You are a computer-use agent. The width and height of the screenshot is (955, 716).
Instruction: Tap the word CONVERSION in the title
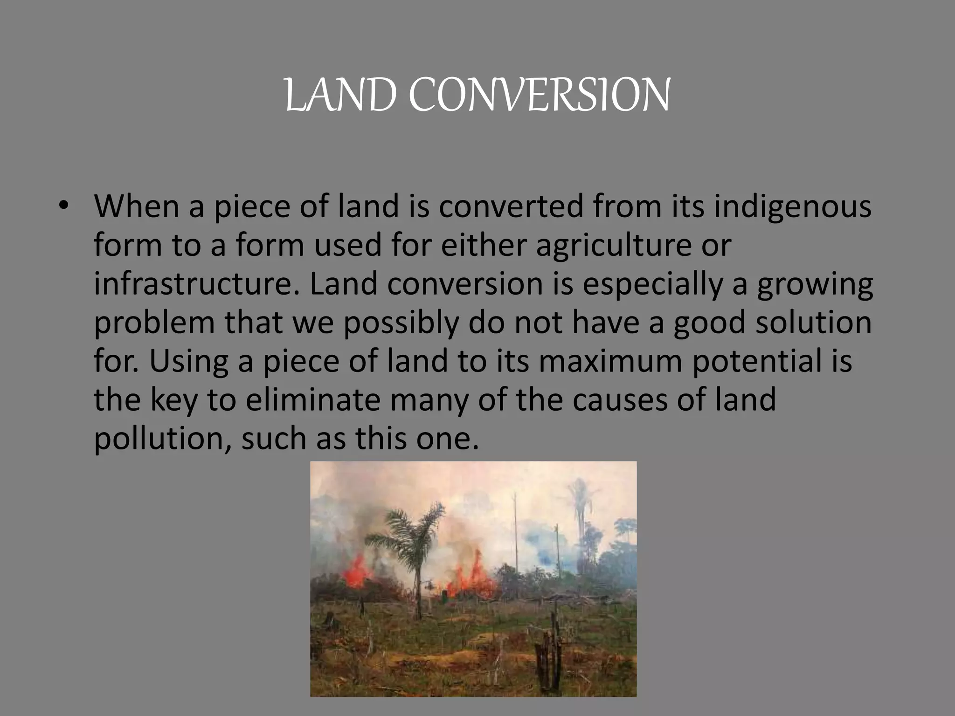pyautogui.click(x=540, y=96)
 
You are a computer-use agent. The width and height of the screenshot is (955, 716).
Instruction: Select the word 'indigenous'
pyautogui.click(x=793, y=207)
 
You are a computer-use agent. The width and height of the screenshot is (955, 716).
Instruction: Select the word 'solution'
pyautogui.click(x=813, y=323)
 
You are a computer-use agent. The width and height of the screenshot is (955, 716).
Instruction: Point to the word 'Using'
pyautogui.click(x=189, y=361)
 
